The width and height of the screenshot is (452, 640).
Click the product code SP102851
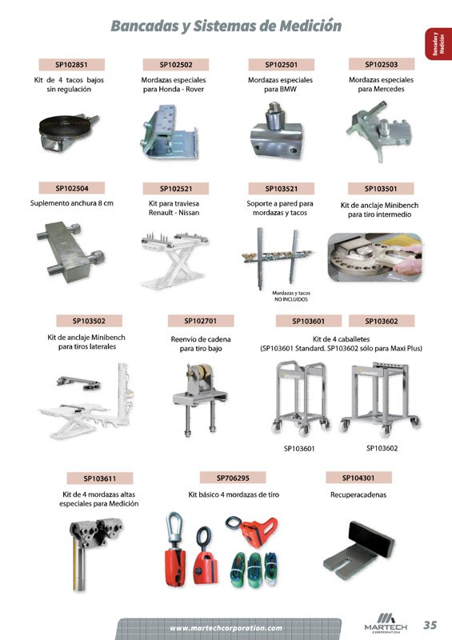[71, 65]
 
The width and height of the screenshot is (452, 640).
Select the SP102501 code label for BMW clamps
[282, 65]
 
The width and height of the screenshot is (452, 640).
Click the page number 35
[430, 625]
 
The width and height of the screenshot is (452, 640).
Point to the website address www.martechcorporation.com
[226, 628]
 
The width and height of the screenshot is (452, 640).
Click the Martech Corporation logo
[386, 623]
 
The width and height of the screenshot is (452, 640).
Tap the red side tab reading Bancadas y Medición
[438, 44]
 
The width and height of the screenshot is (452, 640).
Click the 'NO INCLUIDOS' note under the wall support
[291, 299]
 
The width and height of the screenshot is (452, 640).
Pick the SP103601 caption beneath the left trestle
[299, 449]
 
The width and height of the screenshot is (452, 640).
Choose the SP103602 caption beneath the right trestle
[382, 448]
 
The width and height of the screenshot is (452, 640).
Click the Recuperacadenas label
[358, 494]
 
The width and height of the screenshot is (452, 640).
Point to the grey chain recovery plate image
[359, 550]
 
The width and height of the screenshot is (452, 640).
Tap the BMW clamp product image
[277, 131]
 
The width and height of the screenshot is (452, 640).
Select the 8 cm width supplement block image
[70, 252]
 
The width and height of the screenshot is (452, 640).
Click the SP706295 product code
[233, 478]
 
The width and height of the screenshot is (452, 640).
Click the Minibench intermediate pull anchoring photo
[375, 257]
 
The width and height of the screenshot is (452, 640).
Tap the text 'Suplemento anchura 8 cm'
[72, 203]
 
